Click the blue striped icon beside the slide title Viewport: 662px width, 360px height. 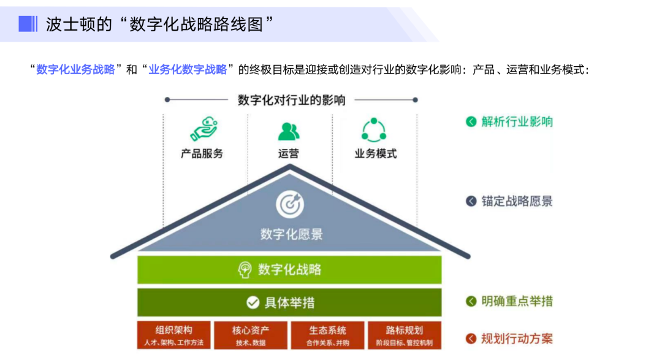tap(28, 24)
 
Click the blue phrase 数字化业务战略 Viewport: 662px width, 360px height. tap(75, 69)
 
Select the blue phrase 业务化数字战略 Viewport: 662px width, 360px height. tap(188, 69)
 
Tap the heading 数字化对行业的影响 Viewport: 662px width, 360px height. tap(291, 100)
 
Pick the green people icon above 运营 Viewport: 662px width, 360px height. tap(289, 131)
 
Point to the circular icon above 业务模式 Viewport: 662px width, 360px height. tap(374, 129)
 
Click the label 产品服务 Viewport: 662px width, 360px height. tap(202, 153)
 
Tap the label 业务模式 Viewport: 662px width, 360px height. tap(375, 153)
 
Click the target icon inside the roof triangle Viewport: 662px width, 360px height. tap(289, 205)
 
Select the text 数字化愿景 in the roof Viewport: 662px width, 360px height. tap(291, 234)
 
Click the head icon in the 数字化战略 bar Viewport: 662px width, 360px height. tap(245, 270)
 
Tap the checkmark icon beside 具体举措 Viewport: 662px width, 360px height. tap(253, 302)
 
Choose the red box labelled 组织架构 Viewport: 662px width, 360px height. tap(173, 335)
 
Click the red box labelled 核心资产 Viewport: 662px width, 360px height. tap(251, 335)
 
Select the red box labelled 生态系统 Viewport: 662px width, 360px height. tap(327, 335)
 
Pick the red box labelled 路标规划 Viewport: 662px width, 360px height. tap(404, 335)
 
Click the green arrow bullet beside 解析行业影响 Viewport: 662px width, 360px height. tap(471, 121)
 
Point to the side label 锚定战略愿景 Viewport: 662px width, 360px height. tap(517, 201)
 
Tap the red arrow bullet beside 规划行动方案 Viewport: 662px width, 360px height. tap(471, 339)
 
